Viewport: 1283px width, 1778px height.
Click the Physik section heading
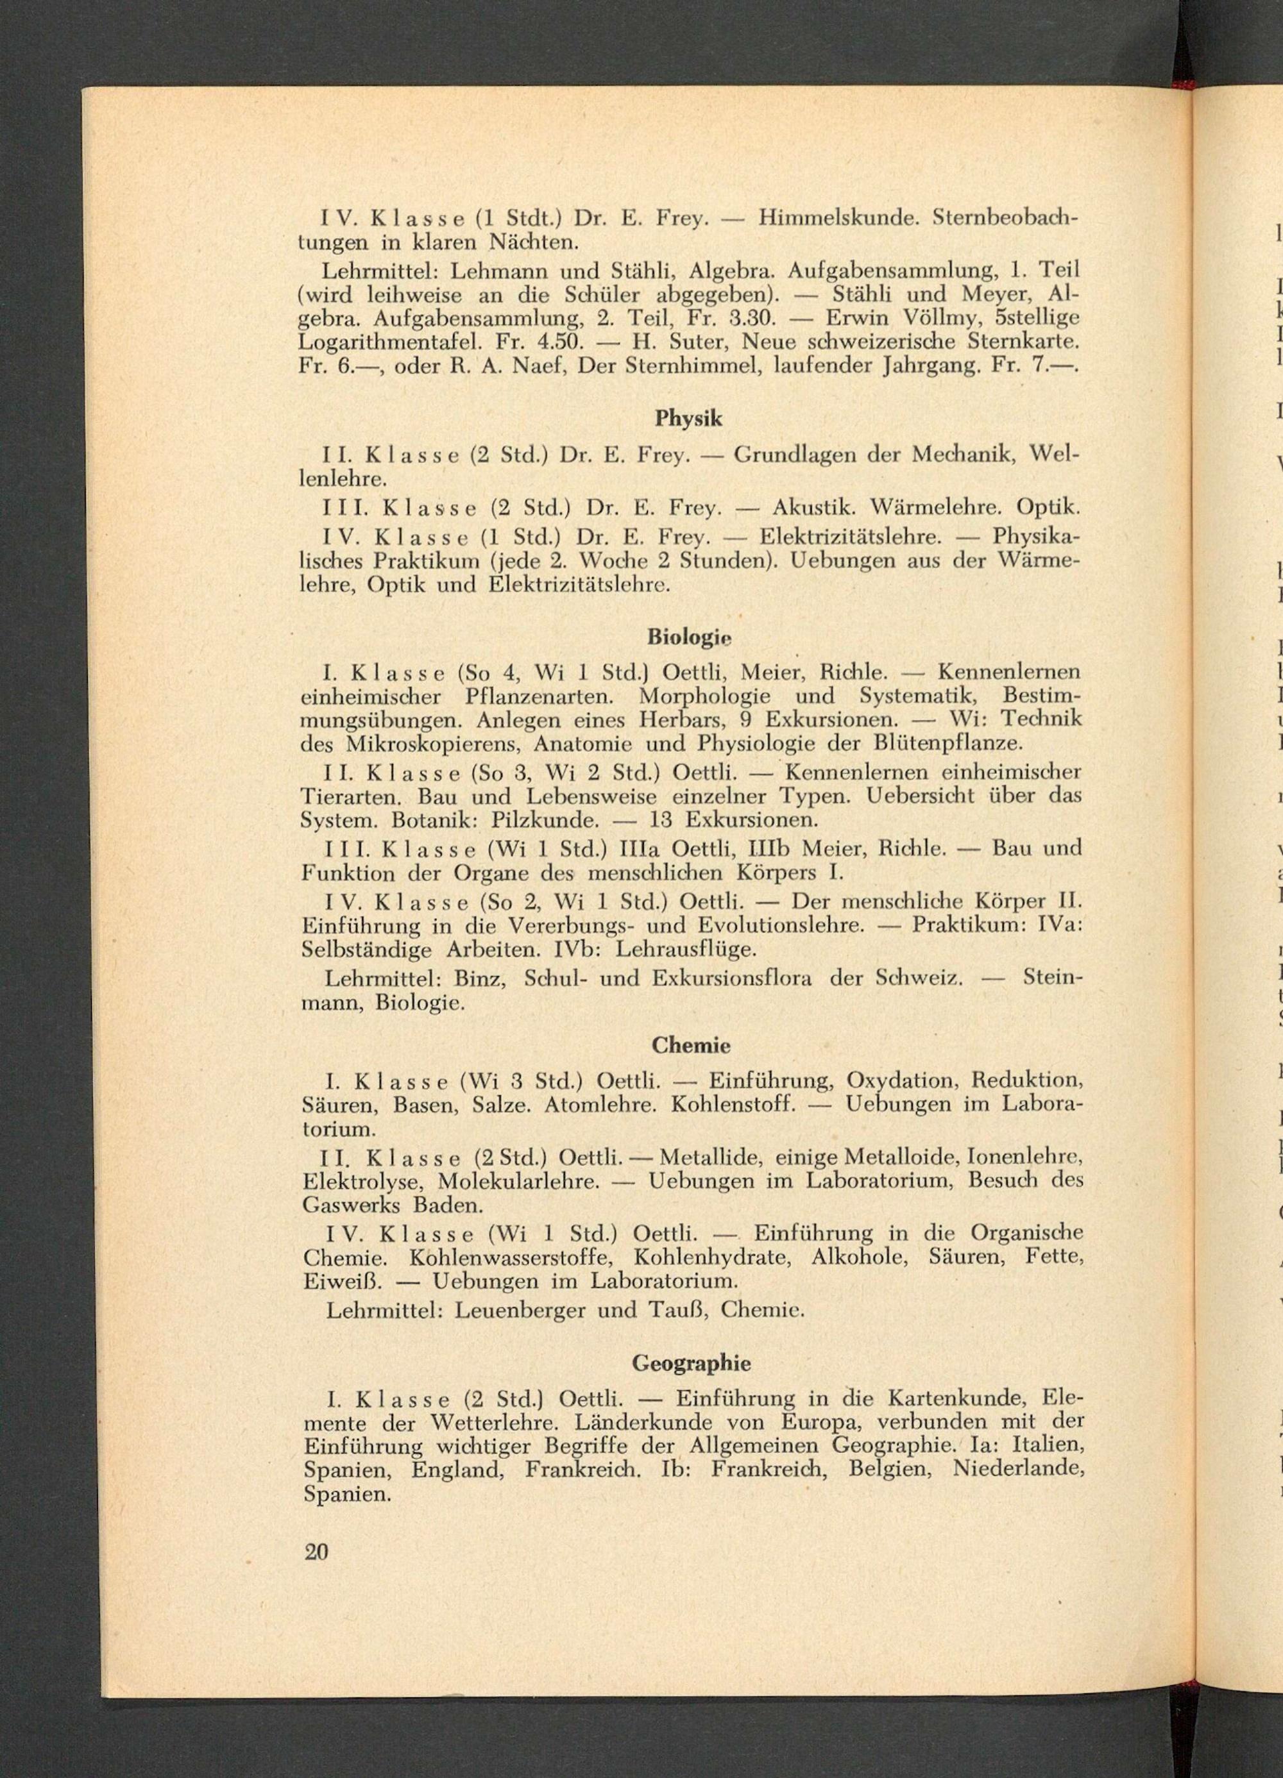click(688, 419)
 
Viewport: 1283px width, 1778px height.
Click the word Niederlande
click(1017, 1468)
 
